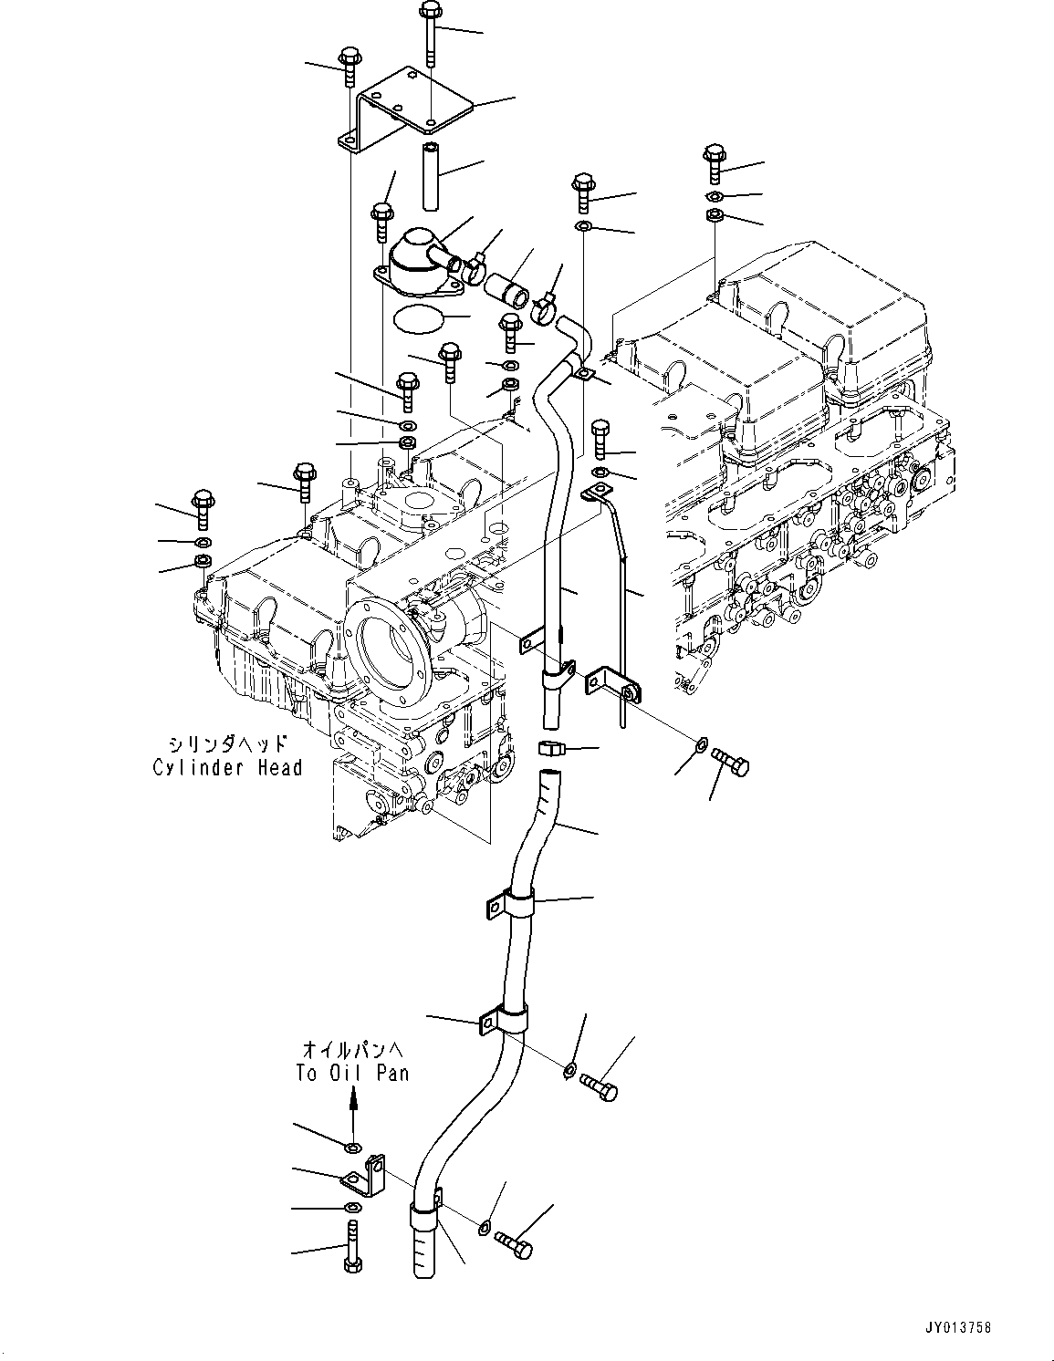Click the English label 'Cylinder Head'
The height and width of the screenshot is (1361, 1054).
(x=227, y=768)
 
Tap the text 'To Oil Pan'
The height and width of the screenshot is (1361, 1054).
(x=351, y=1074)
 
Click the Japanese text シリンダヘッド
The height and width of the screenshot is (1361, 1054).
(x=227, y=743)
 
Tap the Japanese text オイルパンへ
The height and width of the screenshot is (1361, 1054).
(x=351, y=1049)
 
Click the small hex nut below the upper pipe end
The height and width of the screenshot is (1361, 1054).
(x=551, y=750)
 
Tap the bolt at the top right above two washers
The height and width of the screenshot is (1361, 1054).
(x=714, y=164)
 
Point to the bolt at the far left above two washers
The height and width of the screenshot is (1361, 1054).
(x=202, y=508)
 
